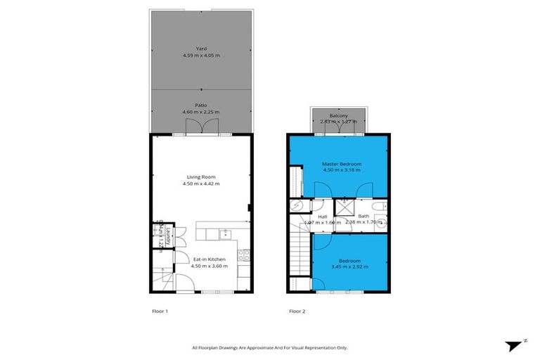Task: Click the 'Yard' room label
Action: pyautogui.click(x=201, y=49)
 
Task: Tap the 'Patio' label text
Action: pyautogui.click(x=201, y=105)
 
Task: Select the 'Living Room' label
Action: pyautogui.click(x=201, y=176)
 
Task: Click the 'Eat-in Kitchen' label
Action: pyautogui.click(x=209, y=259)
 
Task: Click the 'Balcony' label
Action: pyautogui.click(x=339, y=115)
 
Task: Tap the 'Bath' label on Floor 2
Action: pyautogui.click(x=363, y=216)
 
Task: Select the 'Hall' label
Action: pyautogui.click(x=323, y=216)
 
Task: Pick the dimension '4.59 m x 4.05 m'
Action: pyautogui.click(x=201, y=56)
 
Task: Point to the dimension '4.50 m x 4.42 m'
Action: pyautogui.click(x=201, y=184)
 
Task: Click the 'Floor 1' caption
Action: pyautogui.click(x=160, y=310)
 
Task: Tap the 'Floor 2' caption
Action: pyautogui.click(x=297, y=310)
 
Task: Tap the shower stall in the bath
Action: pyautogui.click(x=345, y=207)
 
